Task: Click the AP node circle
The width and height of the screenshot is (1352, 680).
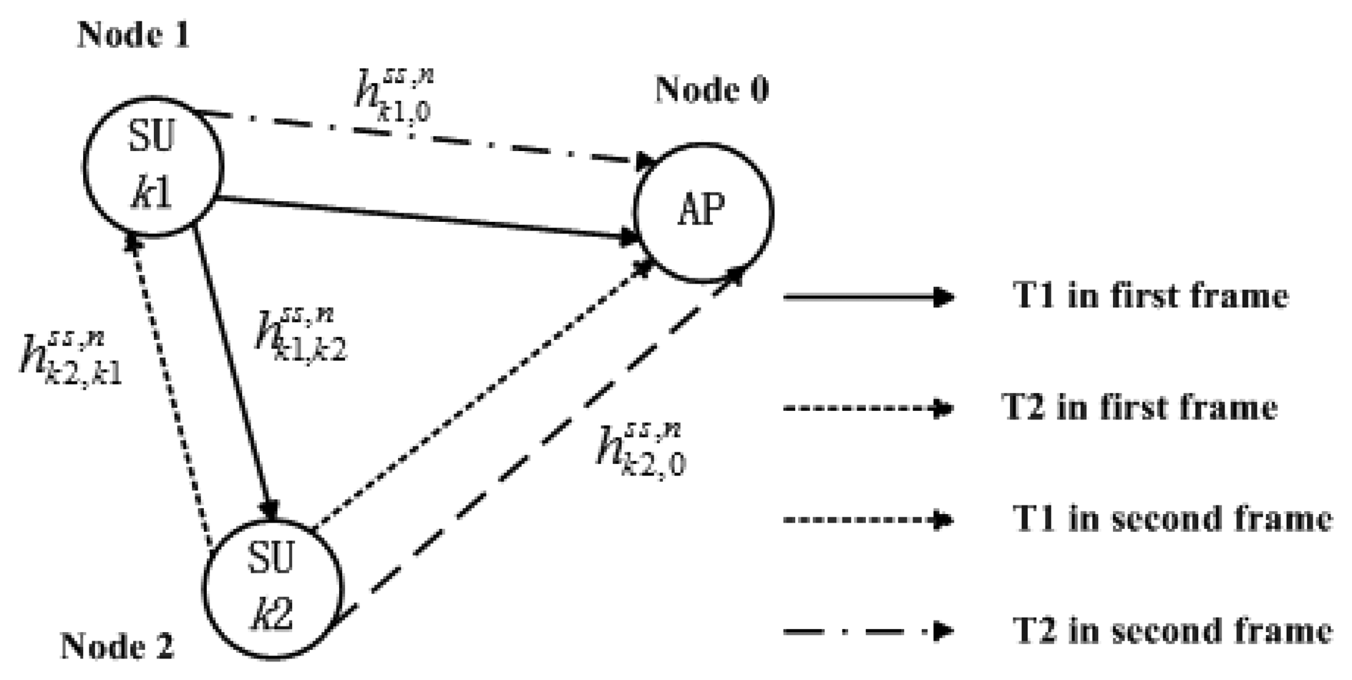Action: coord(703,212)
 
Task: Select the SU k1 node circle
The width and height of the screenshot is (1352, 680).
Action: coord(152,166)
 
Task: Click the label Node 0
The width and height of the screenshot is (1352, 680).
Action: coord(711,90)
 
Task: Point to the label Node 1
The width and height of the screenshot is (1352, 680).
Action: coord(134,34)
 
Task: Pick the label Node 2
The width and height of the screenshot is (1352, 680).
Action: coord(117,646)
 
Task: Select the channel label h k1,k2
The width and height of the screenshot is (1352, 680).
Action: coord(301,334)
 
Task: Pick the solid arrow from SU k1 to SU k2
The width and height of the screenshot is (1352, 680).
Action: coord(233,372)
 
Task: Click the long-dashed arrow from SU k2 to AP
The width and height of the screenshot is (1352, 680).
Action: coord(544,444)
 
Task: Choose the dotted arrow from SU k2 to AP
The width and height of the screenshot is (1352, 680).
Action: coord(487,394)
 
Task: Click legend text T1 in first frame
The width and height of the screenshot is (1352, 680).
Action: coord(1150,296)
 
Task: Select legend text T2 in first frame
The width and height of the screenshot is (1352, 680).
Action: coord(1139,408)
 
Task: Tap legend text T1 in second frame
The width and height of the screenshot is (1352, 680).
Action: coord(1172,519)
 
